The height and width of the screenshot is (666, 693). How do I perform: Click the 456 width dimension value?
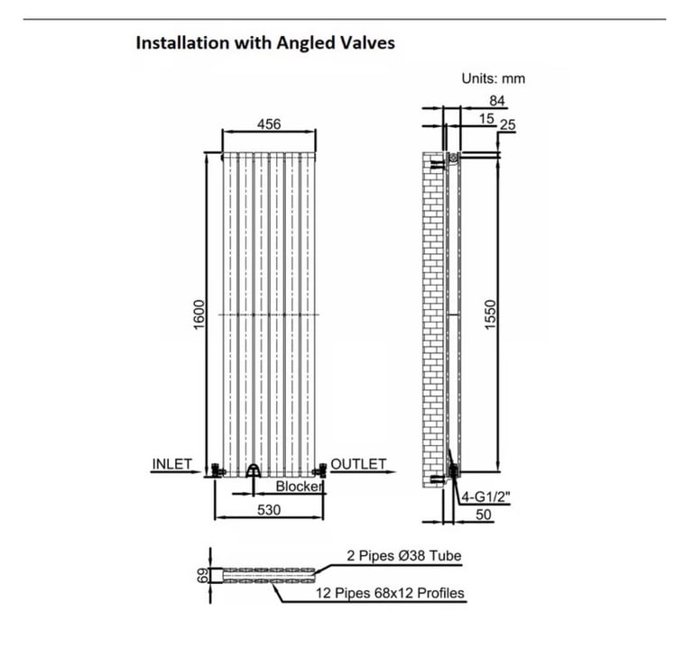pos(269,124)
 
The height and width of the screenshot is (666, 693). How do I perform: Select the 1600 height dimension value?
pos(199,315)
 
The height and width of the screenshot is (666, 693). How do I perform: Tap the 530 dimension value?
pos(269,510)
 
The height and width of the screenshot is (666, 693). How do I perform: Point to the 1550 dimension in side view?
pos(491,315)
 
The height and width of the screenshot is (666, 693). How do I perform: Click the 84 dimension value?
pos(497,101)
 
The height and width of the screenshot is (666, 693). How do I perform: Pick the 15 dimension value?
pos(486,119)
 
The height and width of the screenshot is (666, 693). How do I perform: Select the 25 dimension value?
pos(507,125)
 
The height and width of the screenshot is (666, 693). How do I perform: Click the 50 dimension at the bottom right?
pos(484,515)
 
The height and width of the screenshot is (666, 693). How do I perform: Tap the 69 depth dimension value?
pos(202,576)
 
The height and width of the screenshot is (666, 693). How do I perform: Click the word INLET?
pos(172,464)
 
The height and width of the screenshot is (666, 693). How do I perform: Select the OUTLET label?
pos(358,464)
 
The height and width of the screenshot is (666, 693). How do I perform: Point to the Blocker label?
pos(300,487)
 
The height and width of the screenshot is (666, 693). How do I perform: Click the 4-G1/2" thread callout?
pos(485,497)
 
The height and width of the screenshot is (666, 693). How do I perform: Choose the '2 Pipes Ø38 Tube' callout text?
pos(403,556)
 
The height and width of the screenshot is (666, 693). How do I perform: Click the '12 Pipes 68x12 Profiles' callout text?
pos(390,593)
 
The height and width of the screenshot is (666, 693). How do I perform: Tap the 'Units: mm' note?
pos(494,78)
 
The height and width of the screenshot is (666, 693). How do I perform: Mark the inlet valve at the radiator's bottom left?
pos(217,470)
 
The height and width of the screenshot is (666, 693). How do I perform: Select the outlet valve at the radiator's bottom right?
pos(320,470)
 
